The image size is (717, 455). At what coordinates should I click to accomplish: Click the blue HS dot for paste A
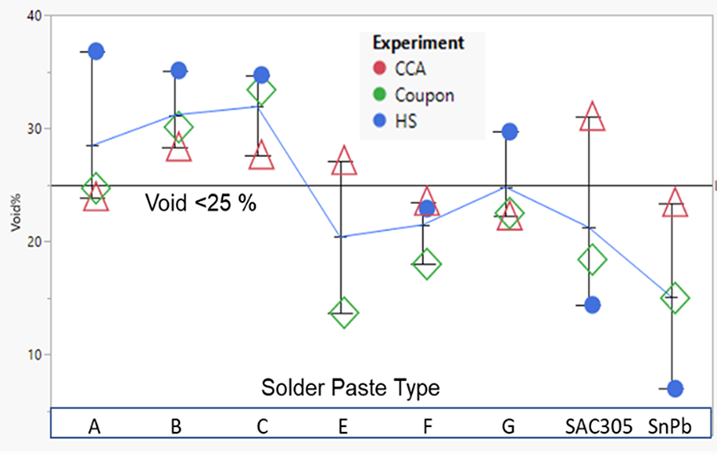coord(96,51)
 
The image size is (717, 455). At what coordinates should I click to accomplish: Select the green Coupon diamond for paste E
coord(344,313)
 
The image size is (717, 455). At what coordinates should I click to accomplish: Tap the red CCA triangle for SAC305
coord(592,116)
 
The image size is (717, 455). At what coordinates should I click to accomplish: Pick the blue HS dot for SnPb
coord(675,389)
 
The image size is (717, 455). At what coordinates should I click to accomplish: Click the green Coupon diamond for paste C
coord(261,89)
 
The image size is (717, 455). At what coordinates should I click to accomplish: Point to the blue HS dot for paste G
coord(509,131)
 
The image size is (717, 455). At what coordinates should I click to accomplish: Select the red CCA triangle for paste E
coord(344,160)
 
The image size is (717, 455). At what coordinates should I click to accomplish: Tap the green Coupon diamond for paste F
coord(427,264)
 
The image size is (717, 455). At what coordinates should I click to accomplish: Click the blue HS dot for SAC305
coord(592,304)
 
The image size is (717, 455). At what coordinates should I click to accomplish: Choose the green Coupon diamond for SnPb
coord(675,298)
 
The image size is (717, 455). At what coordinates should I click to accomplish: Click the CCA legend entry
coord(400,69)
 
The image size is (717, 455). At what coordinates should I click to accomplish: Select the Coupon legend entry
coord(413,95)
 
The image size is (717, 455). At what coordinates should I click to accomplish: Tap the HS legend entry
coord(395,121)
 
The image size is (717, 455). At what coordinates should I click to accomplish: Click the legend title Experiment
coord(418,42)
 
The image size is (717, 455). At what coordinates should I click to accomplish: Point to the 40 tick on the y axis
coord(34,16)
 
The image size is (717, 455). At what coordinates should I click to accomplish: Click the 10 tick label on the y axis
coord(34,355)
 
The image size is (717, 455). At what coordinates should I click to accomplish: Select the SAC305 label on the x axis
coord(598,426)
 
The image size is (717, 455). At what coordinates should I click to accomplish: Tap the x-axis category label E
coord(343,426)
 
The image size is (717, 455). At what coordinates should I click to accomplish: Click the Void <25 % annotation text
coord(201,202)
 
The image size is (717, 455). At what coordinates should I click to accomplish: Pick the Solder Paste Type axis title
coord(351,388)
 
